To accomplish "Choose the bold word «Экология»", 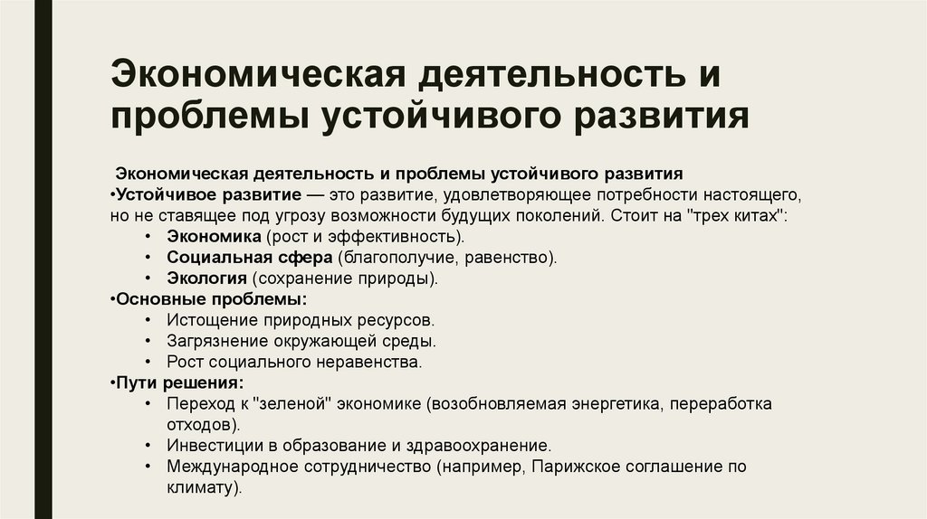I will point(206,278).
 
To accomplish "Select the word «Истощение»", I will point(207,320).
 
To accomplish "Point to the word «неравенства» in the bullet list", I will point(373,362).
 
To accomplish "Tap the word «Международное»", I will point(224,467).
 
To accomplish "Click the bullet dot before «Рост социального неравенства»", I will point(147,362).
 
